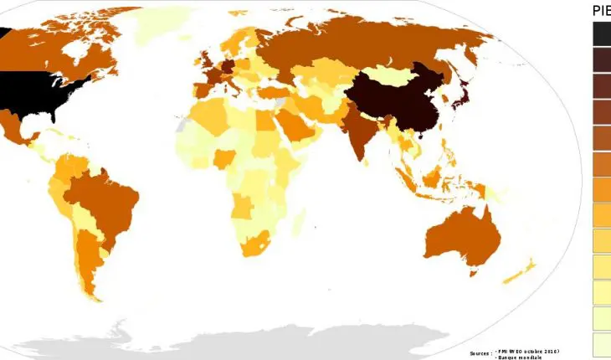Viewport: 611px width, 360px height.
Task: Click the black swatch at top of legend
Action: (x=602, y=33)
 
